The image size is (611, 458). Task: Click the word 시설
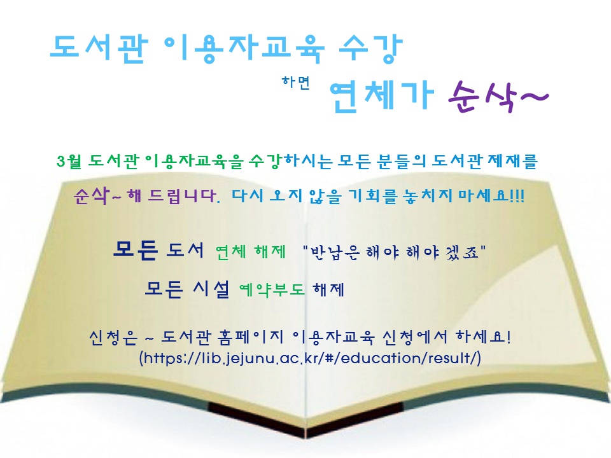pos(211,289)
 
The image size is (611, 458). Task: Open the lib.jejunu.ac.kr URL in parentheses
pos(310,357)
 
